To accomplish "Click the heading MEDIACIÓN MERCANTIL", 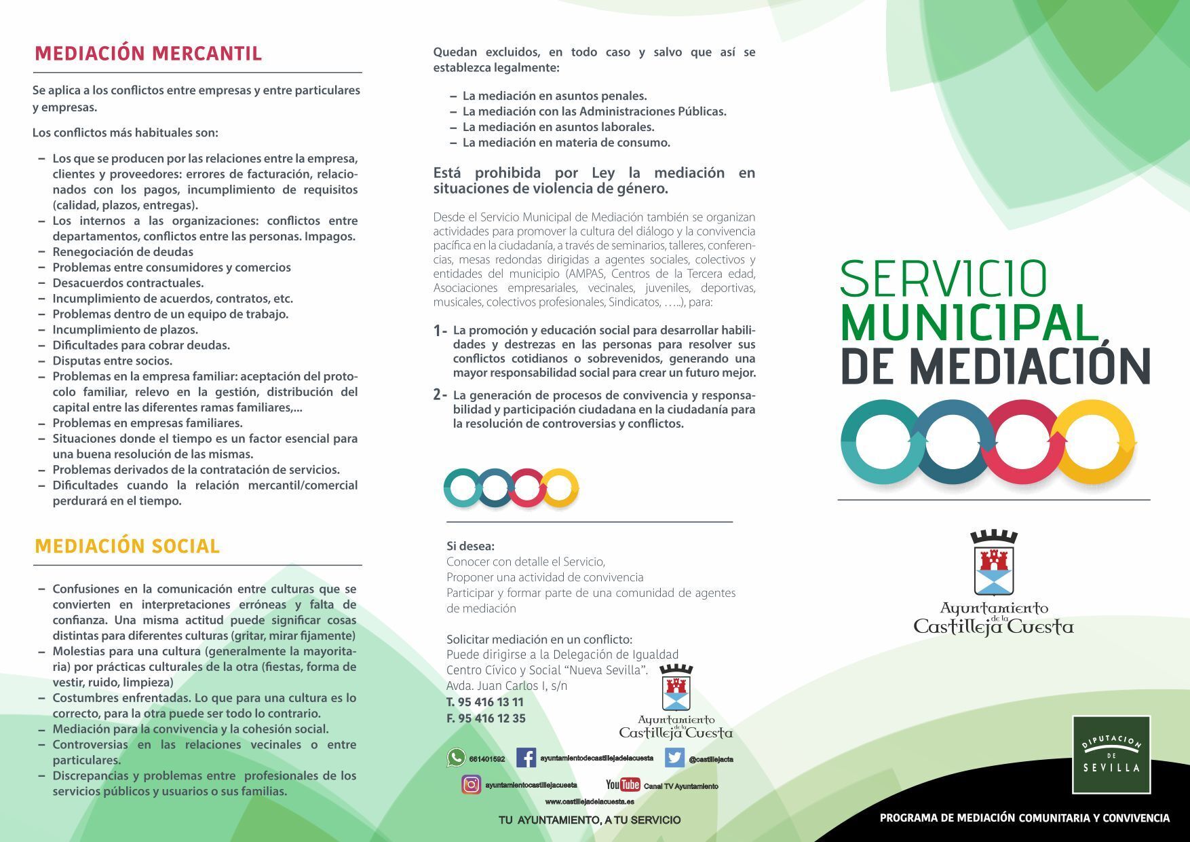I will tap(148, 54).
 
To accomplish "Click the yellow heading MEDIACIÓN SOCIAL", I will tap(127, 547).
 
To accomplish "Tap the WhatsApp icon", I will tap(456, 758).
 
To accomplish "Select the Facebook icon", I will tap(526, 758).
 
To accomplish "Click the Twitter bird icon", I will tap(674, 758).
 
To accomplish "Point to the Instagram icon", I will tap(472, 784).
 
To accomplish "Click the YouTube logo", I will tap(623, 785).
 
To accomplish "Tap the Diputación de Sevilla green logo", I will tap(1111, 754).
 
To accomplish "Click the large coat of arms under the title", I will tap(993, 563).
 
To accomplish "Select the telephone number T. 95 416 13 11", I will tap(485, 702).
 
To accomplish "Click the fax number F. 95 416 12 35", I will tap(486, 718).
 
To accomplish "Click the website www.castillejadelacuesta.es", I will tap(589, 802).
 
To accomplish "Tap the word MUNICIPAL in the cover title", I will tap(969, 323).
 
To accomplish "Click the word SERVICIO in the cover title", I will tap(943, 278).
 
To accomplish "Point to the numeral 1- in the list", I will tap(440, 331).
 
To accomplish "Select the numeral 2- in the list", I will tap(440, 395).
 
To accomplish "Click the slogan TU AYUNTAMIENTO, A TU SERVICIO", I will tap(589, 820).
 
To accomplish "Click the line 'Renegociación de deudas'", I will tap(123, 252).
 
